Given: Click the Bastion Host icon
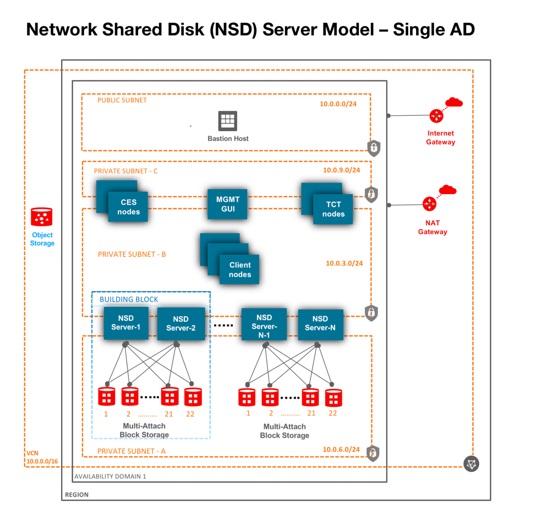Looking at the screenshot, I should [227, 121].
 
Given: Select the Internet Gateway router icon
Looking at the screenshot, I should [436, 116].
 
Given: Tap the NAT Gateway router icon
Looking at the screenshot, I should [429, 205].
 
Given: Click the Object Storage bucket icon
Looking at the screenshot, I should [42, 218].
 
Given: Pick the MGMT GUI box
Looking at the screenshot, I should [227, 205].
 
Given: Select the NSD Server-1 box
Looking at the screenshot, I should [126, 323].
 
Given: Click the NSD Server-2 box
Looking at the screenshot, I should [181, 324].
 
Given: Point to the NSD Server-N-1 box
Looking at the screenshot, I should [264, 325].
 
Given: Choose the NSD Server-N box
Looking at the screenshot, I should [320, 324].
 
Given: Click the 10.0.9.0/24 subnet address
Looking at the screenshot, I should [341, 170].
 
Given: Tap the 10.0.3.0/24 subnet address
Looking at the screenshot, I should [344, 263].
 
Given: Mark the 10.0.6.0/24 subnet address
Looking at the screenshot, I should [341, 449].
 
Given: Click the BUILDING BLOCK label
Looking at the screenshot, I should [129, 299].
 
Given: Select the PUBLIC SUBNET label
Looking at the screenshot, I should [122, 100].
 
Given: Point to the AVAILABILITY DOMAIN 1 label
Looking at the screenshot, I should [110, 476].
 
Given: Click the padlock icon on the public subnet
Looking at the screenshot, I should [374, 148].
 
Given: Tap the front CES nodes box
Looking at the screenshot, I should [128, 207].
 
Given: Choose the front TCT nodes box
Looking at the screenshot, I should [333, 209].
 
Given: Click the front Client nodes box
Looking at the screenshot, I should [239, 270].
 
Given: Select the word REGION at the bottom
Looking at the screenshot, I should [76, 494].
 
